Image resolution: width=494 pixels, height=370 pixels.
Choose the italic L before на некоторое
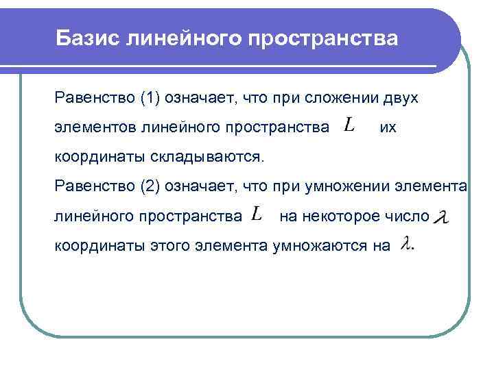(256, 214)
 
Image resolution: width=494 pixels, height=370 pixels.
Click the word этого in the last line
(167, 245)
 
